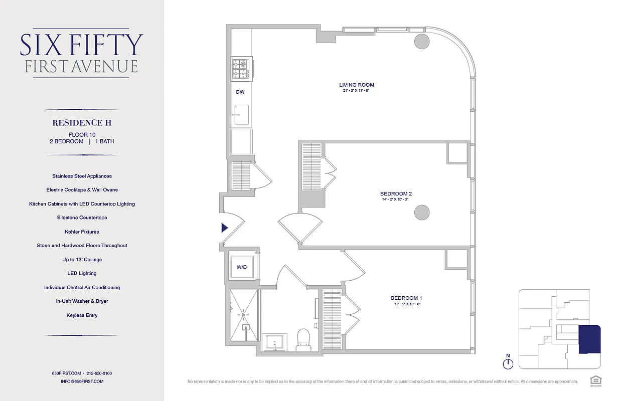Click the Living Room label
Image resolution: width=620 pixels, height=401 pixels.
coord(356,85)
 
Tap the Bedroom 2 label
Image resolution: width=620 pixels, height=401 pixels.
coord(396,194)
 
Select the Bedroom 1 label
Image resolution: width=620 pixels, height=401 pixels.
coord(406,298)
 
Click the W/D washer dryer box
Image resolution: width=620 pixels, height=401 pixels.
coord(242,267)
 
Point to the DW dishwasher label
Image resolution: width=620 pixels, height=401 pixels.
coord(240,92)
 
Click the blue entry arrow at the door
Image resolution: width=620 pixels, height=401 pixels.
coord(225,228)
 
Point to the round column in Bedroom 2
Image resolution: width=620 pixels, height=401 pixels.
coord(422,213)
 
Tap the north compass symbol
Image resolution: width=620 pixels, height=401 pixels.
coord(508,363)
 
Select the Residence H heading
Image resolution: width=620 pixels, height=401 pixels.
coord(82,123)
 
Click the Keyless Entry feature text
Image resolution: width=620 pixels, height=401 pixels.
coord(82,315)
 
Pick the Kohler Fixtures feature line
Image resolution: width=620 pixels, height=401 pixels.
coord(82,232)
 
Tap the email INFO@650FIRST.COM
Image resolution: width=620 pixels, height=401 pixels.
coord(82,381)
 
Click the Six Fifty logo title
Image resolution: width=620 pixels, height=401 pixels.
coord(82,45)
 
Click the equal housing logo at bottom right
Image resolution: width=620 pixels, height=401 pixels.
coord(596,381)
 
